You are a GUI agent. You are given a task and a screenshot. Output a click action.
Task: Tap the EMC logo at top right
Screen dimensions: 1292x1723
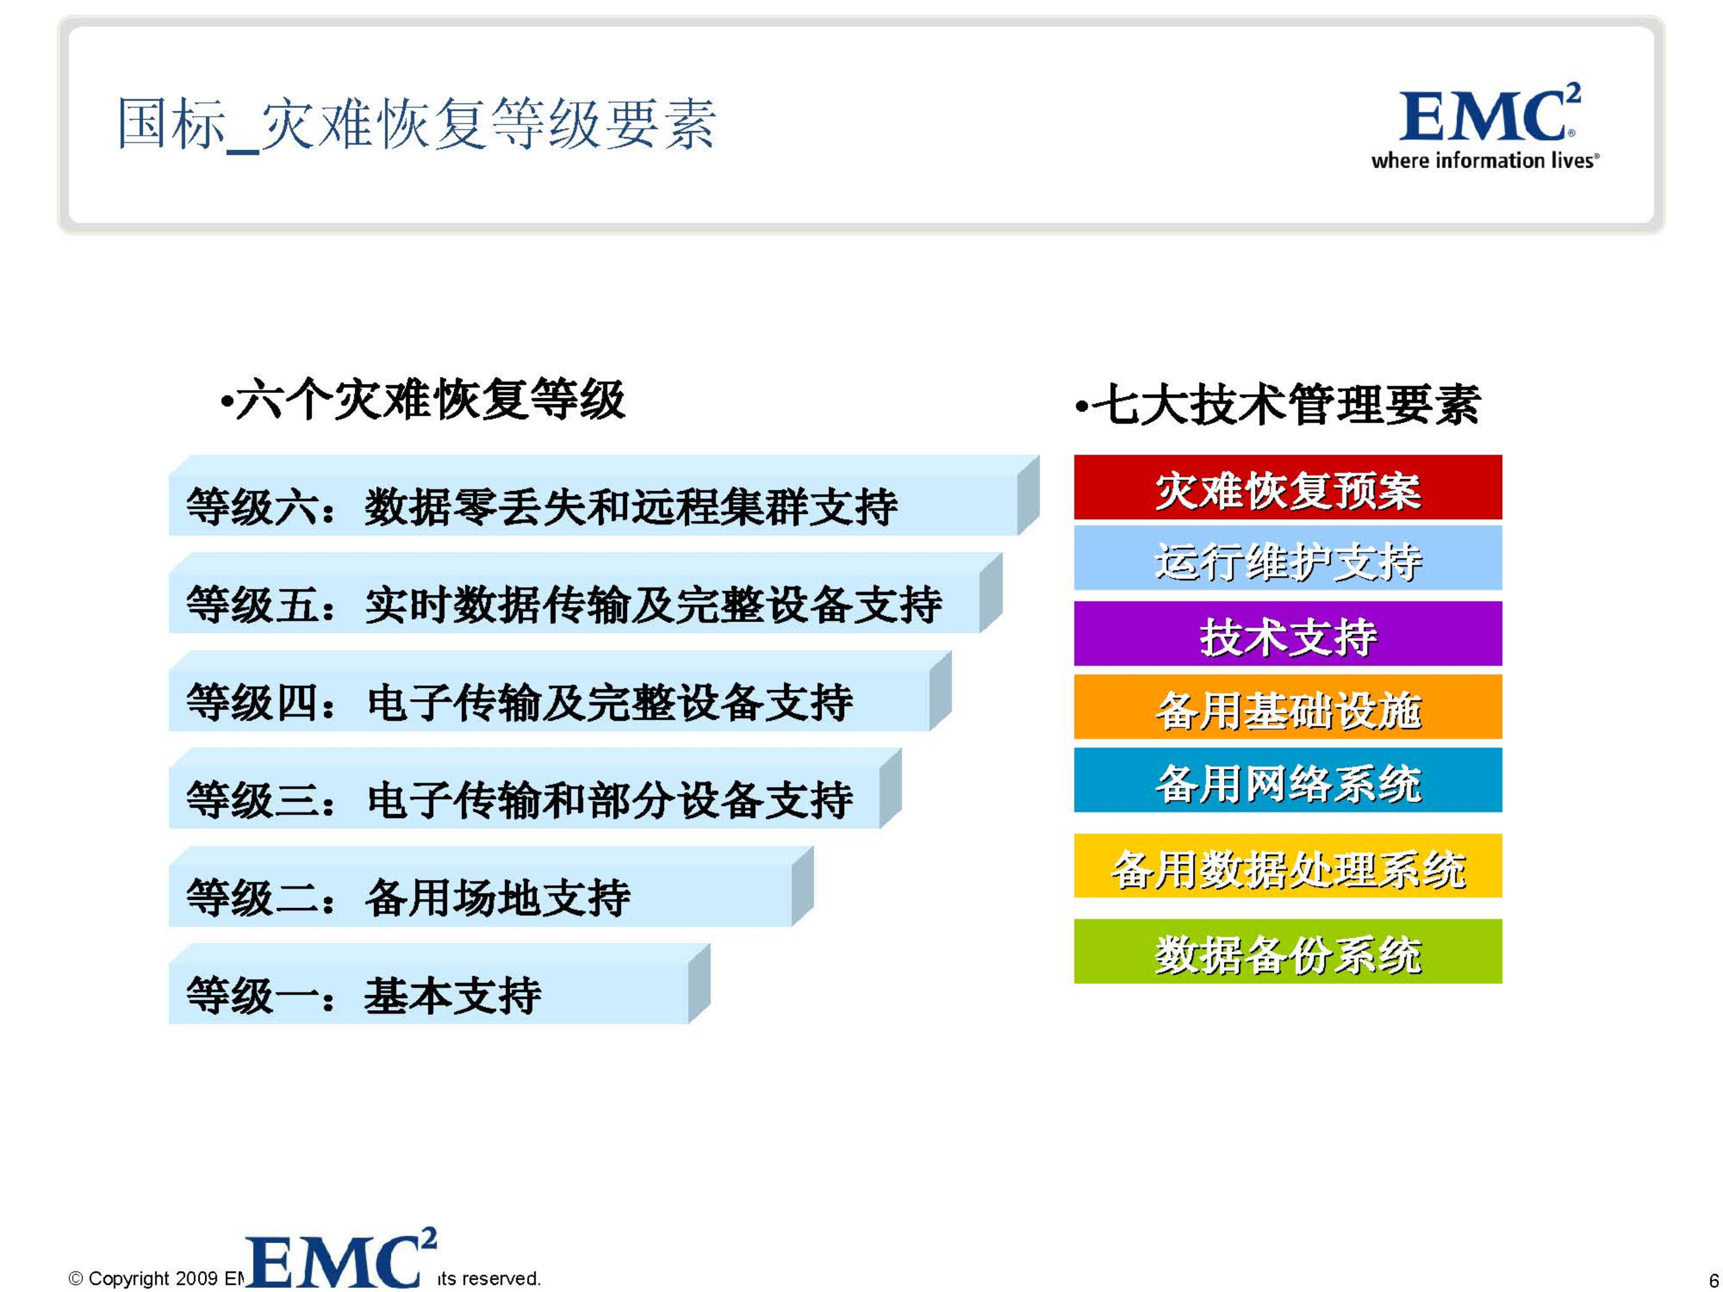(1488, 115)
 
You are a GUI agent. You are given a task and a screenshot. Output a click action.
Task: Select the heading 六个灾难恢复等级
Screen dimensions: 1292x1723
(425, 400)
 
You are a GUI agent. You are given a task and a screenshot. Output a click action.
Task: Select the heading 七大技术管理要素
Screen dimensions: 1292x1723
(1277, 404)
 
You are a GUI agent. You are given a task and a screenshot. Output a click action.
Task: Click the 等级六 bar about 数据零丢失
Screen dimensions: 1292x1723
(592, 505)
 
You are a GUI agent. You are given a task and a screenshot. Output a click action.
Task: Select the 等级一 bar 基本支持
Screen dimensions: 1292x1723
(428, 995)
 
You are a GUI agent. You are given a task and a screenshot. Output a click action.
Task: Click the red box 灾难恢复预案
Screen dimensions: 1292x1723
(1287, 487)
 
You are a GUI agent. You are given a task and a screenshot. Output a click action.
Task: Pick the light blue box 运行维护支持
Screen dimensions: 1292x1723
(1287, 559)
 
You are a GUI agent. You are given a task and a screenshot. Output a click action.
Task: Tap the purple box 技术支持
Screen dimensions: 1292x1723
(1287, 633)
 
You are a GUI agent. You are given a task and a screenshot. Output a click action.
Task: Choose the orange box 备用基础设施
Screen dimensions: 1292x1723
(1287, 706)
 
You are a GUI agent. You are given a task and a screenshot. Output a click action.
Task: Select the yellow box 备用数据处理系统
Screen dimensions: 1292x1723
(1287, 866)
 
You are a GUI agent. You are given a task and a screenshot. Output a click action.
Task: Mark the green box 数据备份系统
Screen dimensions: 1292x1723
(1287, 951)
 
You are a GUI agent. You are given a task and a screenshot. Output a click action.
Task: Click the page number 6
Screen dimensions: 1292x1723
(1713, 1280)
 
